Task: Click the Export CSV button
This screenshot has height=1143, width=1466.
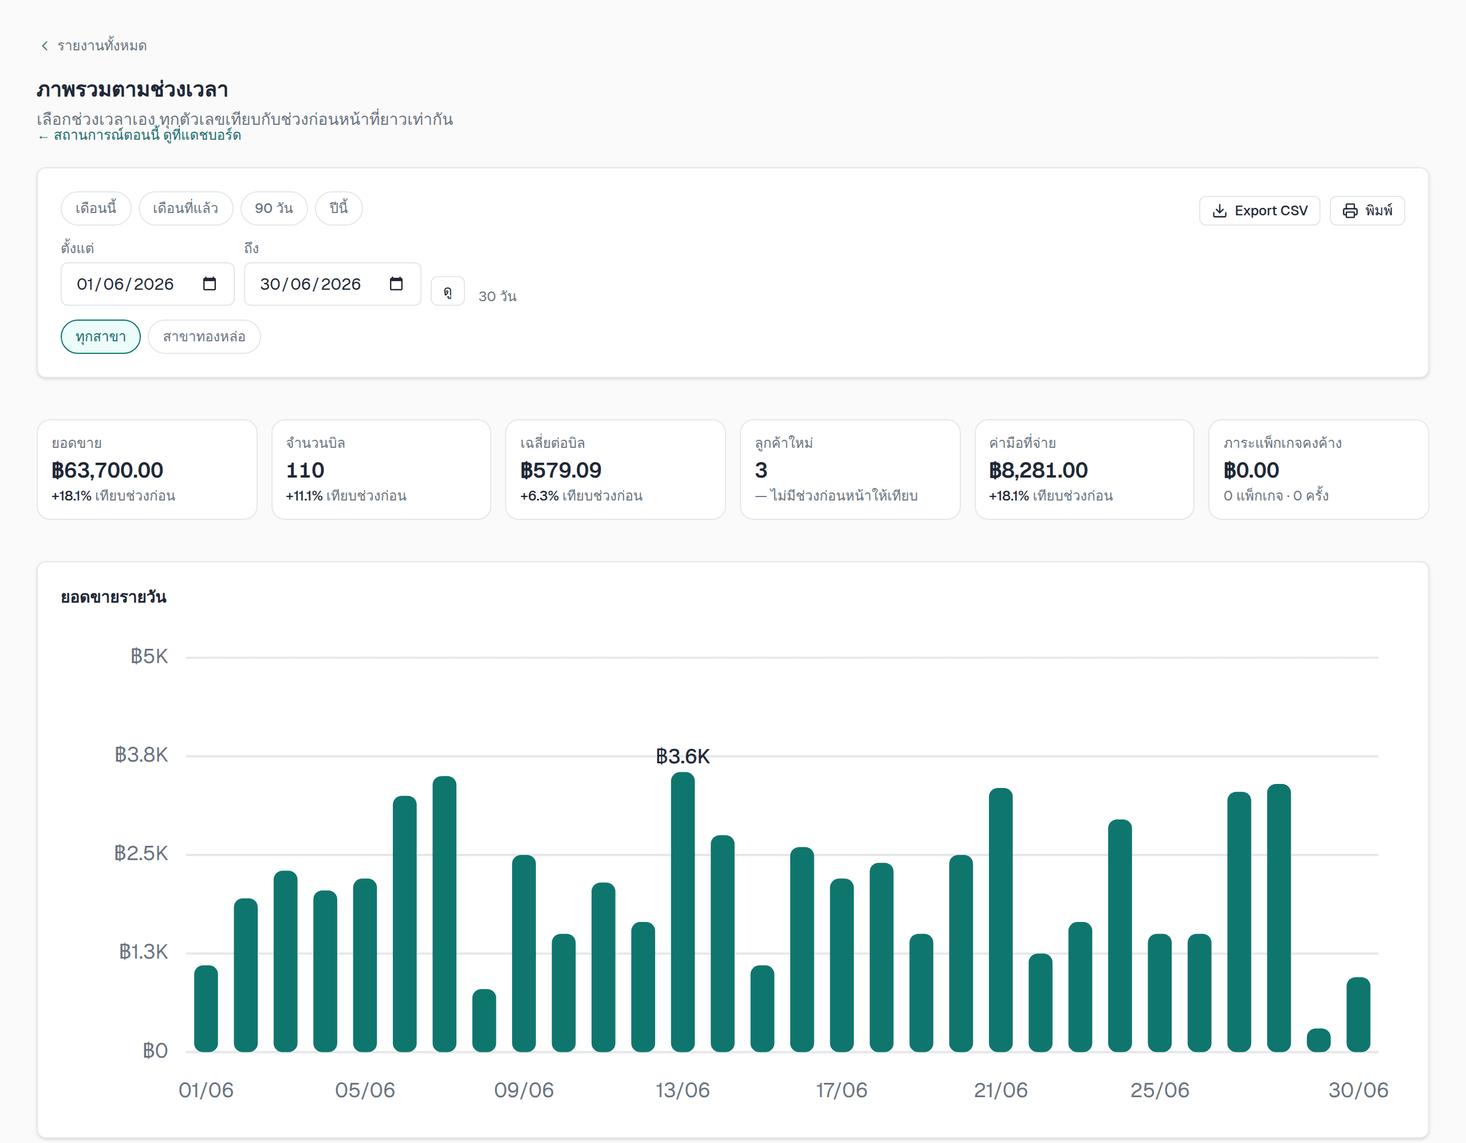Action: (1259, 211)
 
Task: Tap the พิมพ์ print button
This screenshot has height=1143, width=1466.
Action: (1367, 211)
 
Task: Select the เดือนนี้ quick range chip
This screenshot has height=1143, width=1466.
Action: (96, 208)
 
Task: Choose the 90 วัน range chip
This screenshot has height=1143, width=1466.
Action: (274, 208)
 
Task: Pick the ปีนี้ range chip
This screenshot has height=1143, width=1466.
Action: (339, 208)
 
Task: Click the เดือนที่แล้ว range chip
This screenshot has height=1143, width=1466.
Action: (186, 208)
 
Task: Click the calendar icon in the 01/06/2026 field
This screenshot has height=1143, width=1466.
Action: (210, 284)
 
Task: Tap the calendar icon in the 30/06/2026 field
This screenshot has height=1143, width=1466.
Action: (396, 284)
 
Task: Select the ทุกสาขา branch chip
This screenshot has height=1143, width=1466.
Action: (101, 336)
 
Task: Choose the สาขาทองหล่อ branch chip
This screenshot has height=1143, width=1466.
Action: (204, 336)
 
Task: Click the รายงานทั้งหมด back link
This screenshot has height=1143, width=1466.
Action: (93, 46)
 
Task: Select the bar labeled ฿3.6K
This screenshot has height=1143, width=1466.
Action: (683, 912)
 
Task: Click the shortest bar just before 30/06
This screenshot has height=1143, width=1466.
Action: (1318, 1040)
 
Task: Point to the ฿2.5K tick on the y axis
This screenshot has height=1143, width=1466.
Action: (141, 854)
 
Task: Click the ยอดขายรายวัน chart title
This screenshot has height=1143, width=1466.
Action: (114, 597)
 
